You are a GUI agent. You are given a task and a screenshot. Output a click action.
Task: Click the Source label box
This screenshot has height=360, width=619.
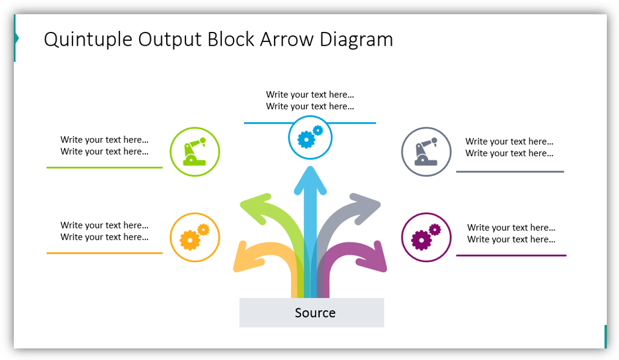(311, 313)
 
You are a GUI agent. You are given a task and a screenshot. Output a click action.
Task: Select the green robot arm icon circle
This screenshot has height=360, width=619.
(194, 152)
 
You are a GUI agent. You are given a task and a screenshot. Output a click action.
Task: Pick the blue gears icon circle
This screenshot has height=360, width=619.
(310, 137)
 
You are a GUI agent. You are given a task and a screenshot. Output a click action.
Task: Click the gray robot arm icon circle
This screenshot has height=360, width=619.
(426, 152)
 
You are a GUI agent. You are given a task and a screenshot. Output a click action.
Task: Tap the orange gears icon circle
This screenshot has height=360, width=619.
(194, 237)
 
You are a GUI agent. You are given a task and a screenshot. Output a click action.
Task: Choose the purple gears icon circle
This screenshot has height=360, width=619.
(426, 237)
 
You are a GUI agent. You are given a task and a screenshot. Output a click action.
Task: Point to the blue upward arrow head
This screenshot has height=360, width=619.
(310, 179)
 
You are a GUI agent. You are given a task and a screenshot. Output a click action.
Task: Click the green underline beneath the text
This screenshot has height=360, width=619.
(104, 167)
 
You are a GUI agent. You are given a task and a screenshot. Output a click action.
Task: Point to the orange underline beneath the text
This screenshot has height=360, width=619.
(104, 253)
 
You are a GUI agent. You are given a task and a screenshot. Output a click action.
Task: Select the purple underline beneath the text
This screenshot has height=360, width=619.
(511, 256)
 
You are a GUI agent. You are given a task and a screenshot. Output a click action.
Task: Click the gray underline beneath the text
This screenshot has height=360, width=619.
(510, 172)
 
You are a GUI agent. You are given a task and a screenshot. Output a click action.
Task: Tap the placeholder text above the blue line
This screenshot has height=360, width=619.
(310, 100)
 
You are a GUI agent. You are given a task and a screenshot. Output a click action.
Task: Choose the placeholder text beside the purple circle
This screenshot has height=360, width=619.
(511, 234)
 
